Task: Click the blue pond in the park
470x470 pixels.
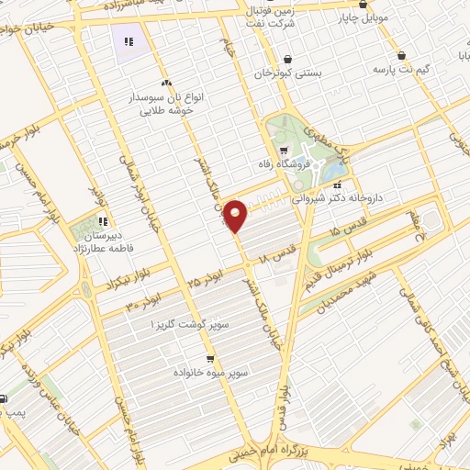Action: click(x=336, y=170)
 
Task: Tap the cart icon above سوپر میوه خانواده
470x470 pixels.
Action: click(x=211, y=359)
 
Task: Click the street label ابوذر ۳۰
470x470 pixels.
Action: click(x=145, y=295)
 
